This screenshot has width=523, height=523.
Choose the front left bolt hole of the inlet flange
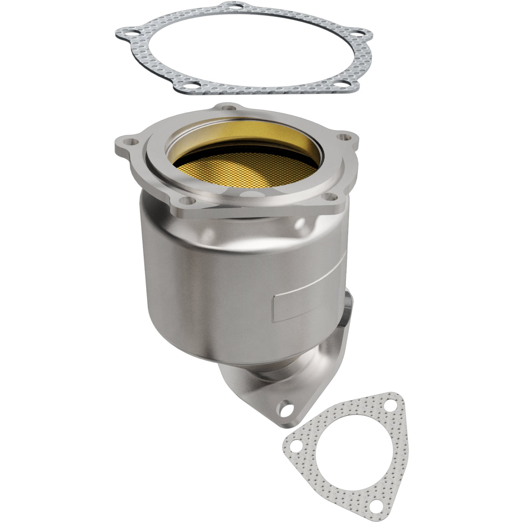point(186,200)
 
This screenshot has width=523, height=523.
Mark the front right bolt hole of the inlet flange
point(329,197)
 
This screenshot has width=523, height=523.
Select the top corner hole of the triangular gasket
point(390,408)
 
